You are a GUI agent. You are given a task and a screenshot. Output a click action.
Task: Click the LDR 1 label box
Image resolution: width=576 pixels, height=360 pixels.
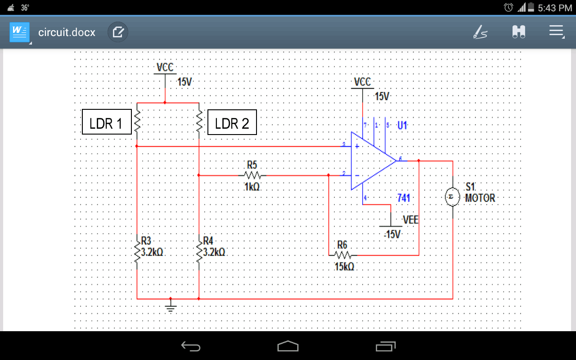pos(107,122)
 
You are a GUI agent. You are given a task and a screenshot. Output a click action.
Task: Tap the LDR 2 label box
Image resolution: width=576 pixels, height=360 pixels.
pos(232,122)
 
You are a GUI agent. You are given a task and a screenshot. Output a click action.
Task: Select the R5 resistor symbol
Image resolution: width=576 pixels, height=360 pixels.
pos(253,175)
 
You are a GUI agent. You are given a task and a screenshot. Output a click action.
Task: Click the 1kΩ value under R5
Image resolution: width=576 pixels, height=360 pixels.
pos(252,186)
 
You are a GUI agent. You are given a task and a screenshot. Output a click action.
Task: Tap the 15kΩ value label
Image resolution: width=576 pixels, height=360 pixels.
pos(344,266)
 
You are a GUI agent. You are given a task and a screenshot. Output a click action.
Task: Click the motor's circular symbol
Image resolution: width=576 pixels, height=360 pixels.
pos(452,198)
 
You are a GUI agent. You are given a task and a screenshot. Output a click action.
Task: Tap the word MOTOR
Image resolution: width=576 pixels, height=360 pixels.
pos(480,198)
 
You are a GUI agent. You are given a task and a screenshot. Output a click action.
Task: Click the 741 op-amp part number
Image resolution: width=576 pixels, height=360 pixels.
pos(404,198)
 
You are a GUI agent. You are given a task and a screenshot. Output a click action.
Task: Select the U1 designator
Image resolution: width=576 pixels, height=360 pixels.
pos(402,126)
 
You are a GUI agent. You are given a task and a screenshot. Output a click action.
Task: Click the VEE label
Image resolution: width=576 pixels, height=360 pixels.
pos(410,220)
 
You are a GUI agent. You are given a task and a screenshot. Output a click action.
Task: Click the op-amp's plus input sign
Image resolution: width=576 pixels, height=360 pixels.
pos(357,146)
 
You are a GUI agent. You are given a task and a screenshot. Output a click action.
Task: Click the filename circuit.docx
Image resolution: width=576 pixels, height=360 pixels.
pos(67,32)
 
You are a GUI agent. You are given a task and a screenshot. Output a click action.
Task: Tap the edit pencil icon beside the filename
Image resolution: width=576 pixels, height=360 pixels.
pos(118,32)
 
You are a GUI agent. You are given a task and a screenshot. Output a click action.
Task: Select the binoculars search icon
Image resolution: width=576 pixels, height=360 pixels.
pos(518,31)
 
